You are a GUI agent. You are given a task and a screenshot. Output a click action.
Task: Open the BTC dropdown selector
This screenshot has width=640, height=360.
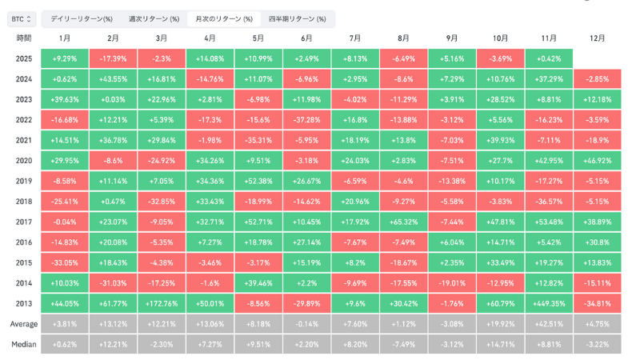pos(22,18)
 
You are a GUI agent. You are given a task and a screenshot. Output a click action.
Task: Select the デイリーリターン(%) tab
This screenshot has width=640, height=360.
pos(81,18)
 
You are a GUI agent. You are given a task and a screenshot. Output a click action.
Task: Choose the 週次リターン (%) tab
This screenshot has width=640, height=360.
pos(154,18)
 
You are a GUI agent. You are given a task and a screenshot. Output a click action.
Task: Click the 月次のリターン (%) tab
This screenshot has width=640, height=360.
pos(224,18)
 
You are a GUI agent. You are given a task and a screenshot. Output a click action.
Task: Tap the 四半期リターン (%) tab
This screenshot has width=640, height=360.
pos(297,18)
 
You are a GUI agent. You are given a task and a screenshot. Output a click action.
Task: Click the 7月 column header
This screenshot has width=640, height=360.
pos(355,38)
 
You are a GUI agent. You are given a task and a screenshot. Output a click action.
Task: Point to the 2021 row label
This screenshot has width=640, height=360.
pos(24,141)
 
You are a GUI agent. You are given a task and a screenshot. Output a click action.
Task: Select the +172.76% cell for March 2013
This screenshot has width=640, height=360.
pos(162,303)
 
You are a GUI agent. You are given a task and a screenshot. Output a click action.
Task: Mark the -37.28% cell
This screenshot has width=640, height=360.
pos(306,120)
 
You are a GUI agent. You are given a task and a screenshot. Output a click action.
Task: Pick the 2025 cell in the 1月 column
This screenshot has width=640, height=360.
pos(65,58)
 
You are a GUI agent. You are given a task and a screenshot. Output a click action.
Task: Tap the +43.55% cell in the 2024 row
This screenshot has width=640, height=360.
pos(113,79)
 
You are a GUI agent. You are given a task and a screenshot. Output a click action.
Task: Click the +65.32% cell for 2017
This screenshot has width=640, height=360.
pos(403,222)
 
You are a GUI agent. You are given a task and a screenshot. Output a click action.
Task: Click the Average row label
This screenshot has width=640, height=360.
pos(24,324)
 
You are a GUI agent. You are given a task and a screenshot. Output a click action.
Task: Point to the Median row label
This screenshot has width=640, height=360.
pos(24,345)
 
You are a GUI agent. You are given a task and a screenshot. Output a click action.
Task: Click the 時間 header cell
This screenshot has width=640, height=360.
pos(24,38)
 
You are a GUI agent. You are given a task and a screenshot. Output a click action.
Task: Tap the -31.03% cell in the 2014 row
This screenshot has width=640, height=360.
pos(113,283)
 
